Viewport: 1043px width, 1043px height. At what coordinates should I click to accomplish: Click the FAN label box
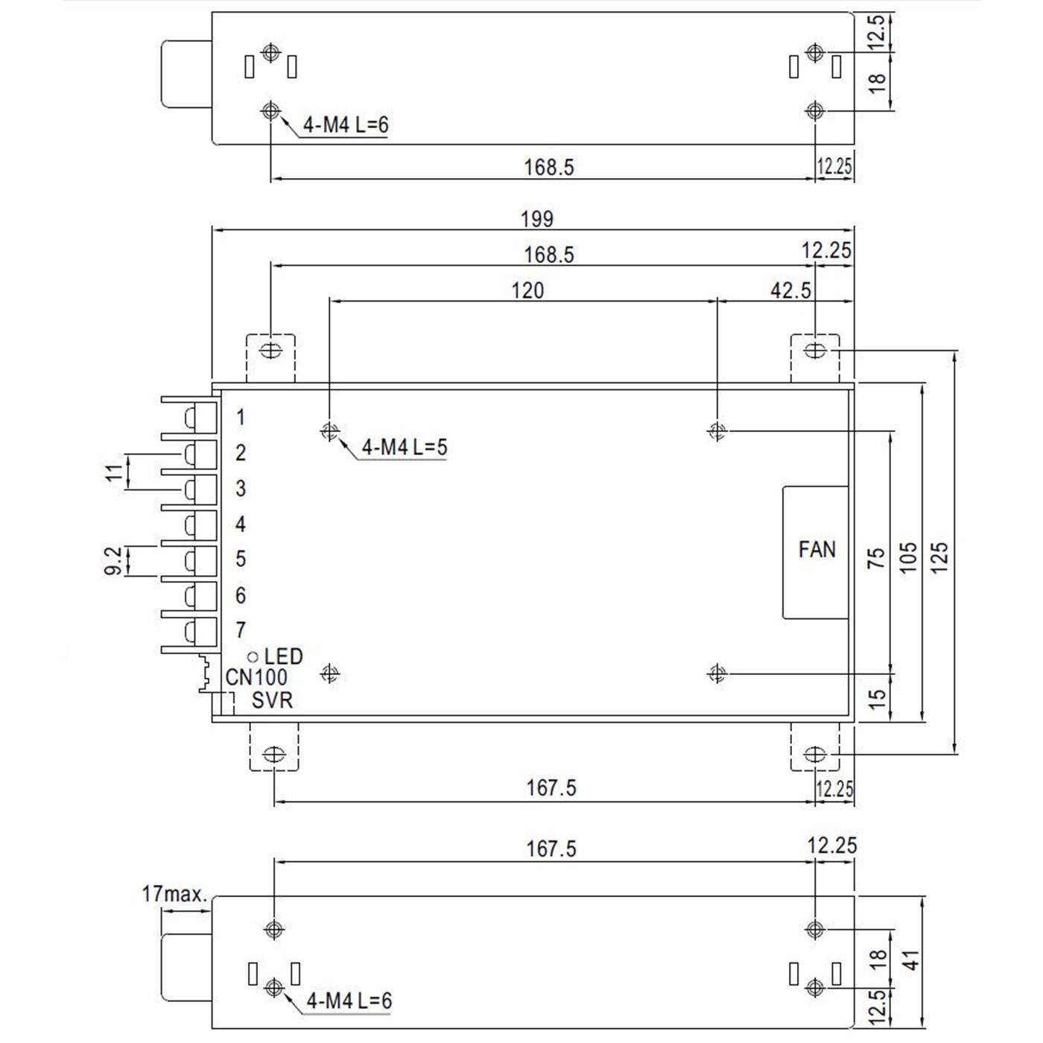point(816,551)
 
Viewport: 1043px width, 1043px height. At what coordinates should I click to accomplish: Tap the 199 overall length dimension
point(536,219)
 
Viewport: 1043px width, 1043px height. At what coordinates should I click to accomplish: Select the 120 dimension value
point(527,290)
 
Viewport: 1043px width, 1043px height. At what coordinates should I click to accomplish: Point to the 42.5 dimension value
point(790,290)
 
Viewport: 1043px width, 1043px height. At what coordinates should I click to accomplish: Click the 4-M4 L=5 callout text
point(404,447)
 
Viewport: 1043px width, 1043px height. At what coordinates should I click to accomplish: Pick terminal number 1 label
point(240,417)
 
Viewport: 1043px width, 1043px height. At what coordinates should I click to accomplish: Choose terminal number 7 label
point(240,630)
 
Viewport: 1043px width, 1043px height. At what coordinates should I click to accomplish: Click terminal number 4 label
point(240,524)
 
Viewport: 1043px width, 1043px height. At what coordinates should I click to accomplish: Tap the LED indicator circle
point(253,657)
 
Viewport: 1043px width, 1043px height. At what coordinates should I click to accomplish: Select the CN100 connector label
point(256,678)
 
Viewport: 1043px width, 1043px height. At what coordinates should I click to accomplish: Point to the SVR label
point(272,700)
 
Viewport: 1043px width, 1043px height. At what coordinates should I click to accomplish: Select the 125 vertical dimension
point(940,557)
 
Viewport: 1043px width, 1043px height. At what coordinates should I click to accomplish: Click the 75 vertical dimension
point(878,557)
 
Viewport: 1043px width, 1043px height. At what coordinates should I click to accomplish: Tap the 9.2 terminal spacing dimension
point(113,560)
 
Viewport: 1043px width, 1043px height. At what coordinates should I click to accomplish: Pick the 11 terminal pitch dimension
point(113,472)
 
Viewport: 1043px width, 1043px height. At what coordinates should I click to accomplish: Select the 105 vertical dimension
point(909,557)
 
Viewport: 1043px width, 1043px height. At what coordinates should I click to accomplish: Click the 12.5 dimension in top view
point(878,31)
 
